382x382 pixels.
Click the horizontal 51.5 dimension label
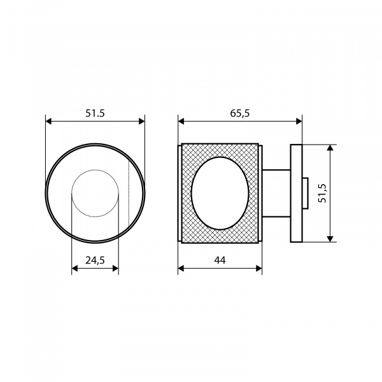pos(95,113)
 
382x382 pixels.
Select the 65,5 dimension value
pos(240,113)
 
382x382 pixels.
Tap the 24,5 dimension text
pos(95,260)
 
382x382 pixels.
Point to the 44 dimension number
pos(220,260)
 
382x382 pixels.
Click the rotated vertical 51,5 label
pos(322,193)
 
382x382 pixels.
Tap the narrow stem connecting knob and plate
pos(276,193)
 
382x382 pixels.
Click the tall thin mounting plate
pos(296,194)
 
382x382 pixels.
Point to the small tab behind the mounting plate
pos(306,193)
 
